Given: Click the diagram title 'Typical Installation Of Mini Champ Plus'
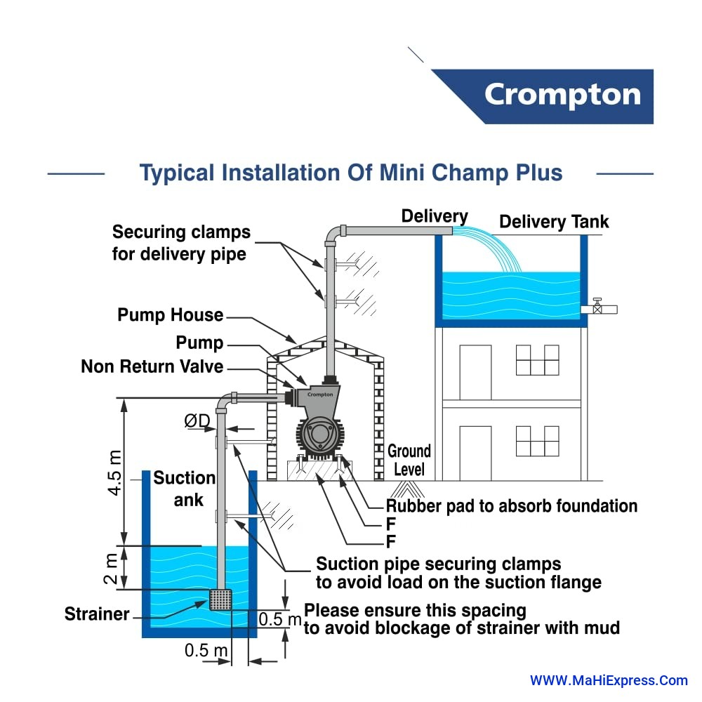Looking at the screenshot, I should click(351, 173).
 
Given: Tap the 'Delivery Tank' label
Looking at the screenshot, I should click(554, 223).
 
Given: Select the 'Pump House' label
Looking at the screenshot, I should click(171, 315).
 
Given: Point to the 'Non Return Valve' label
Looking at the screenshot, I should click(152, 366).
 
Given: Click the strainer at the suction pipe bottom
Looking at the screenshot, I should click(221, 600).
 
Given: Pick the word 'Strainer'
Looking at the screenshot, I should click(97, 614).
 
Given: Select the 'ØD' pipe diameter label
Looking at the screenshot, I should click(197, 420).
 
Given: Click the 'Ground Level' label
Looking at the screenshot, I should click(409, 460).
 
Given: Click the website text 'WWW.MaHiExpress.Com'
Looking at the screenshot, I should click(609, 680).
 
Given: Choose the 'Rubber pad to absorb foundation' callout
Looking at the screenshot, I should click(512, 505).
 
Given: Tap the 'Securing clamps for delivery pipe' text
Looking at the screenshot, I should click(180, 242).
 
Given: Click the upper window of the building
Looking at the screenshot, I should click(537, 360).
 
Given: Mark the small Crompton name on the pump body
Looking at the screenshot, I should click(320, 395).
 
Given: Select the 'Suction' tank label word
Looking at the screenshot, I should click(185, 478).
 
